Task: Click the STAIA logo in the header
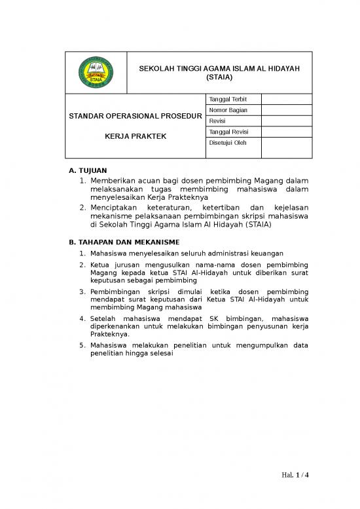point(96,72)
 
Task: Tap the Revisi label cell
point(217,121)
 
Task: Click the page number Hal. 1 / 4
point(295,474)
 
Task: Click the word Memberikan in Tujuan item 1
point(115,180)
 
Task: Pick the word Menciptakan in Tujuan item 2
point(117,207)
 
